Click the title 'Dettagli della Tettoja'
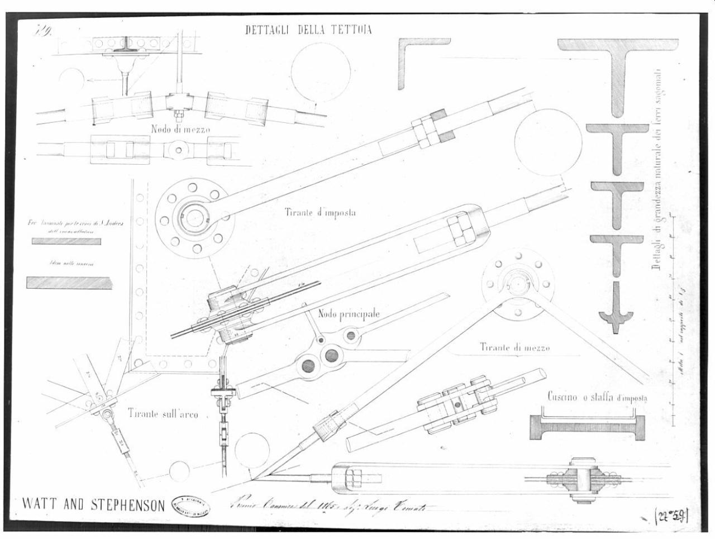pos(308,30)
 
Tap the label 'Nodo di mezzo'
pos(180,129)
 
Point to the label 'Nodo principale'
pos(349,314)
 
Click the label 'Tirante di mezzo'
pos(514,347)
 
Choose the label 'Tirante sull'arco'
pos(163,414)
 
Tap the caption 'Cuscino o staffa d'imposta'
pos(596,397)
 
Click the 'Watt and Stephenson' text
pos(93,505)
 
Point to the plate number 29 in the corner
pos(44,30)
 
